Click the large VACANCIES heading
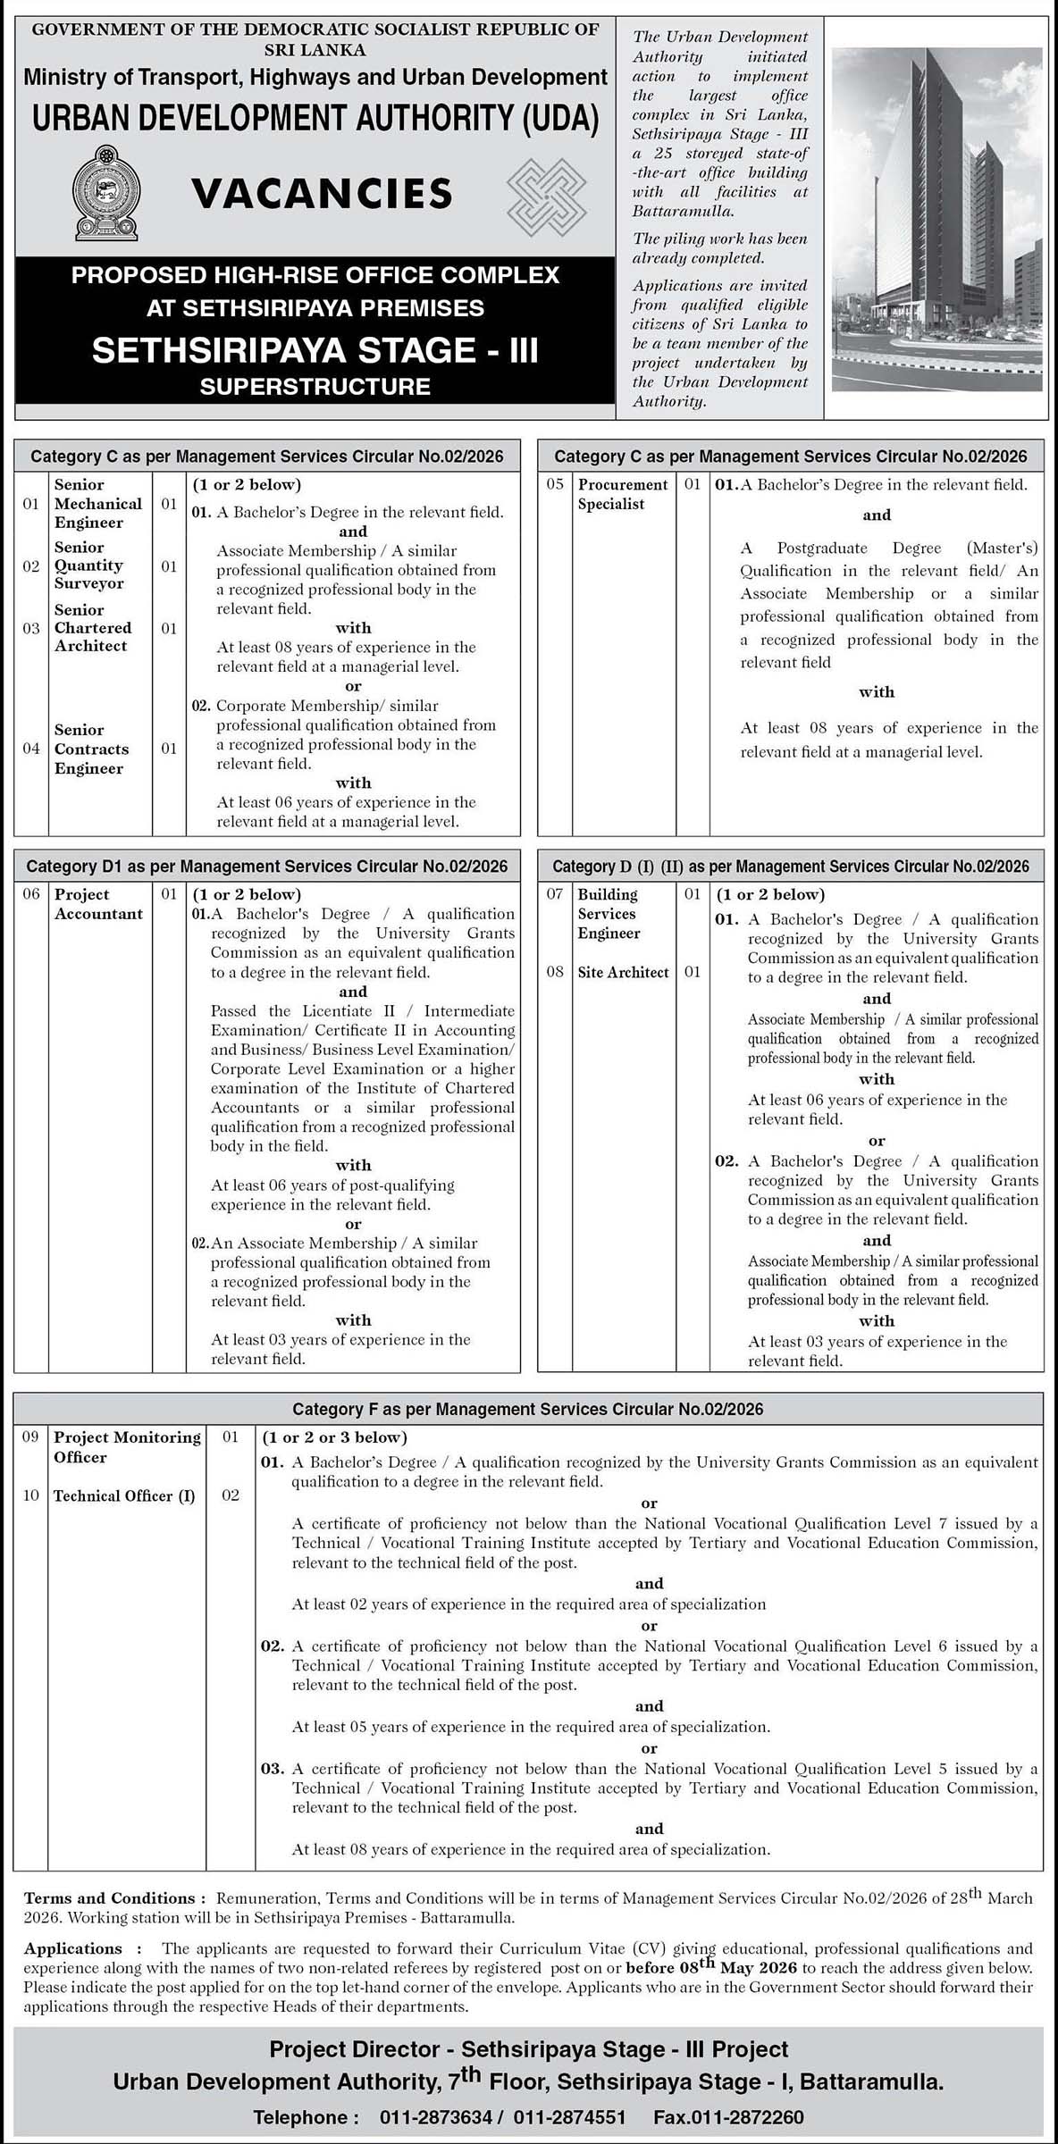coord(322,194)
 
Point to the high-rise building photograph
coord(936,219)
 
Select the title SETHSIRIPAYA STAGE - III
coord(315,350)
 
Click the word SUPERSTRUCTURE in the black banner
coord(315,387)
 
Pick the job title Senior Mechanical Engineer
coord(97,504)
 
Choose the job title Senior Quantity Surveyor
coord(88,565)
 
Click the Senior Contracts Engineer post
coord(91,749)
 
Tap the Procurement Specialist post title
coord(622,494)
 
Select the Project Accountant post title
coord(98,904)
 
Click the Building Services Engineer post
coord(609,914)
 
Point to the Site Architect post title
coord(623,972)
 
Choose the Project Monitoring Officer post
coord(127,1447)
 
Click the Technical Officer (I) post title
coord(124,1496)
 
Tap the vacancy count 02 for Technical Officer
coord(231,1496)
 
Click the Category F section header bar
coord(528,1410)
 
